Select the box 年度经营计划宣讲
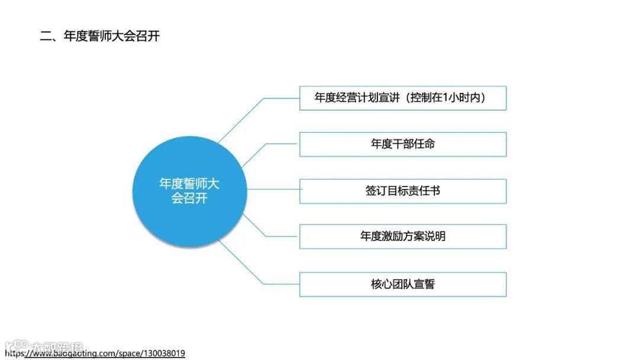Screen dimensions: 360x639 pyautogui.click(x=402, y=98)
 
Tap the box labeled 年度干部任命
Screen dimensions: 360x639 pyautogui.click(x=402, y=144)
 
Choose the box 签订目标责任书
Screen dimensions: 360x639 pyautogui.click(x=402, y=191)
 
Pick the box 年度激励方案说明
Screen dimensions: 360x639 pyautogui.click(x=402, y=236)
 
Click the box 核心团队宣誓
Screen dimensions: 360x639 pyautogui.click(x=402, y=284)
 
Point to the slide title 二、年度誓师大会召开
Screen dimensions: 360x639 pyautogui.click(x=99, y=36)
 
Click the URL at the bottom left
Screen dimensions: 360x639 pyautogui.click(x=95, y=353)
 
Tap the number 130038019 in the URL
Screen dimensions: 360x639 pyautogui.click(x=163, y=353)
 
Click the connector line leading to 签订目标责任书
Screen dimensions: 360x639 pyautogui.click(x=272, y=190)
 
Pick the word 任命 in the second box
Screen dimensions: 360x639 pyautogui.click(x=424, y=144)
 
